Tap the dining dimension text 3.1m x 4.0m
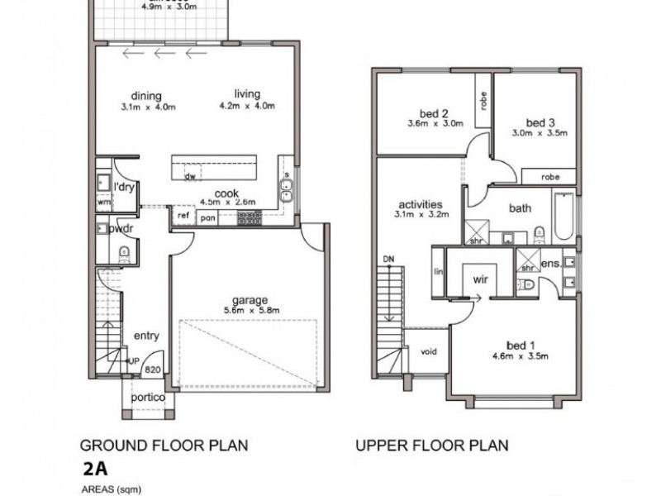[x=149, y=107]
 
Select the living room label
[x=246, y=95]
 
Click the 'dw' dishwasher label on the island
[x=189, y=176]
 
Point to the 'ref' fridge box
[x=183, y=216]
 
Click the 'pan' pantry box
[x=207, y=217]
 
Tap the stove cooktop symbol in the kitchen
[x=249, y=217]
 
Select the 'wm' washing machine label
[x=104, y=201]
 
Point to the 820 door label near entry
[x=152, y=370]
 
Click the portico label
[x=149, y=398]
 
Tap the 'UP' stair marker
[x=133, y=361]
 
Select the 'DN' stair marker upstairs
[x=388, y=260]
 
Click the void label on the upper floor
[x=429, y=351]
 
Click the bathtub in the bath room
[x=562, y=216]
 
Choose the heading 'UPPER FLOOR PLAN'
[x=431, y=446]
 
